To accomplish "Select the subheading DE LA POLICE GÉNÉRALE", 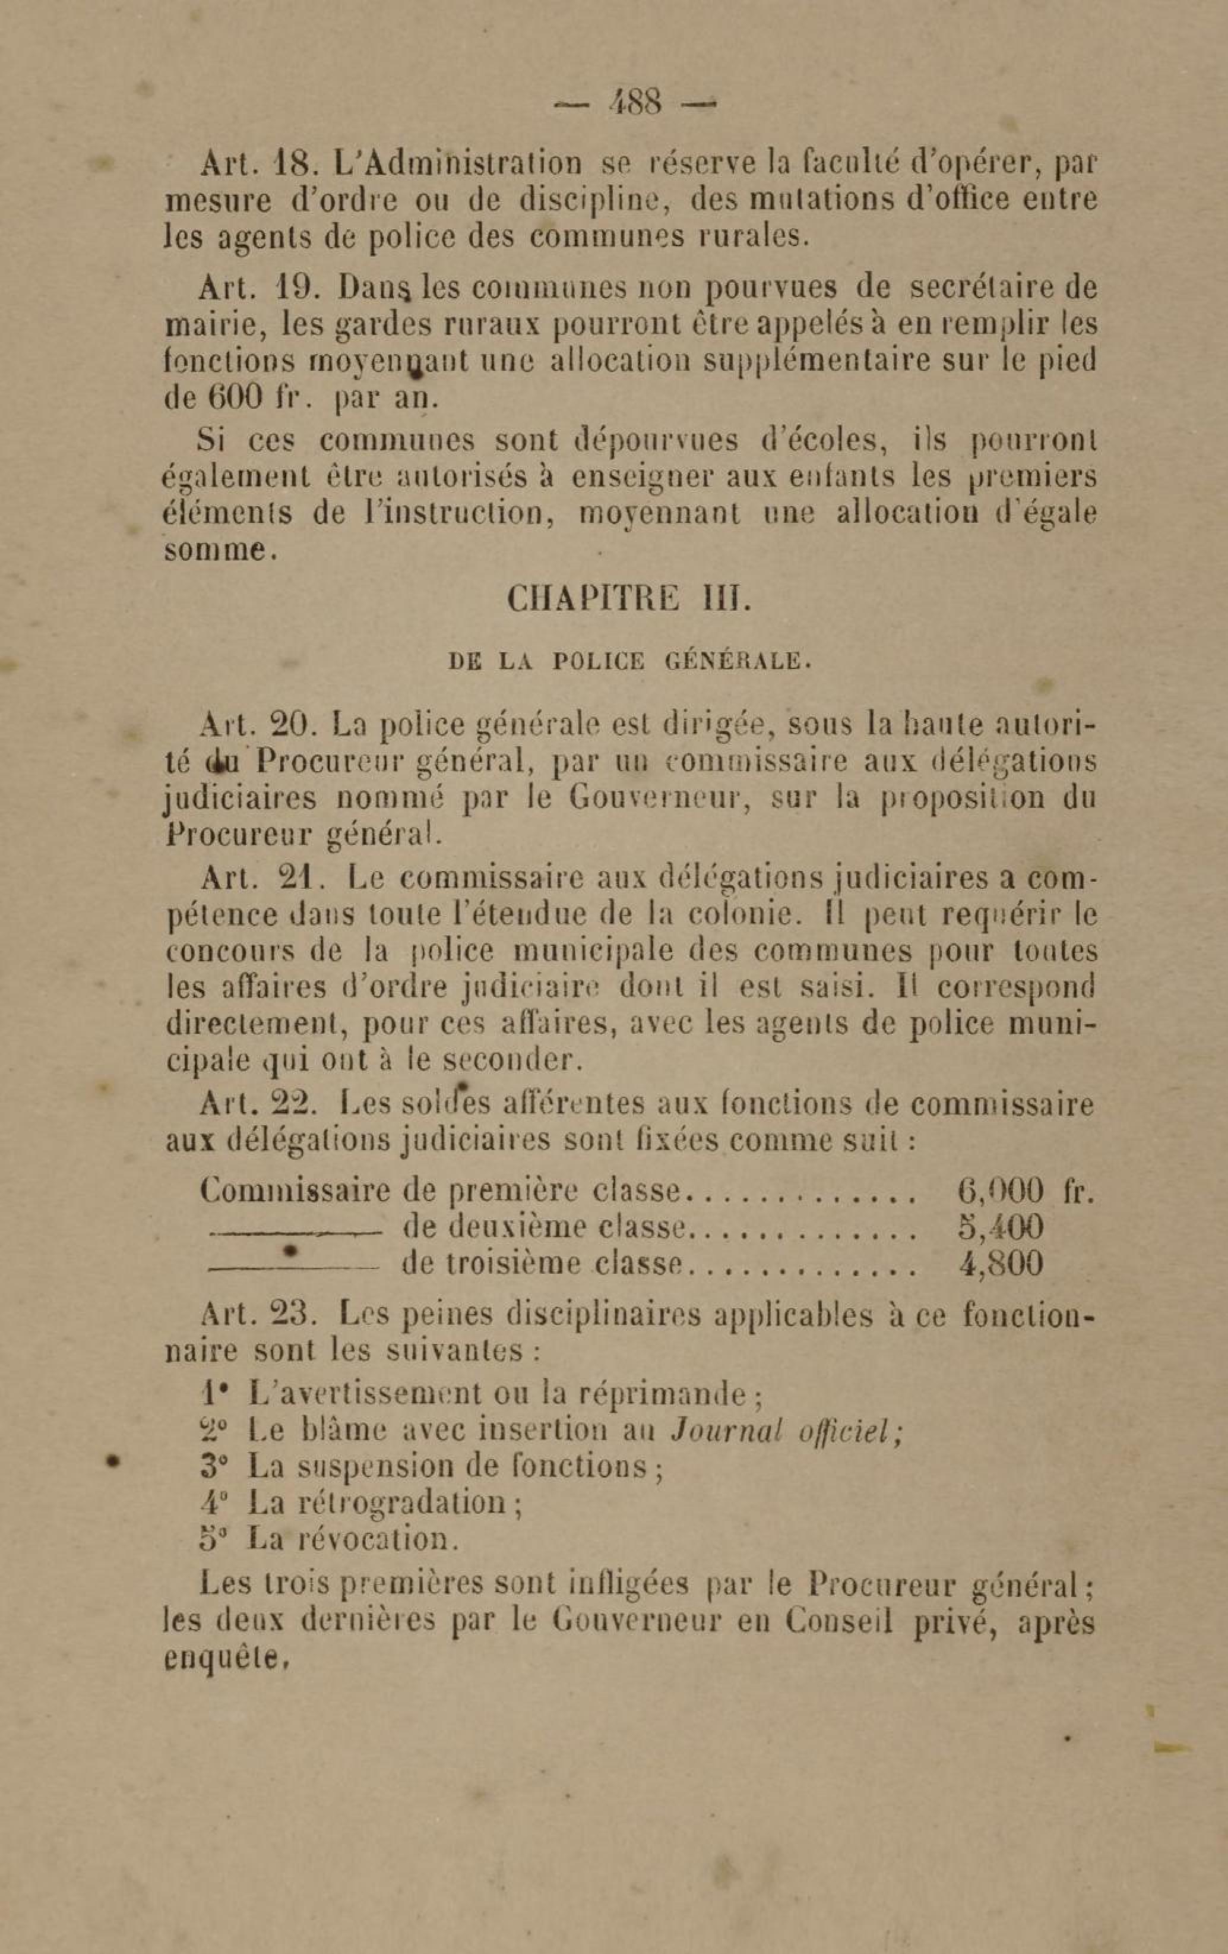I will click(x=629, y=661).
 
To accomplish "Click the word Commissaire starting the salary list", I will click(x=296, y=1191).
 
